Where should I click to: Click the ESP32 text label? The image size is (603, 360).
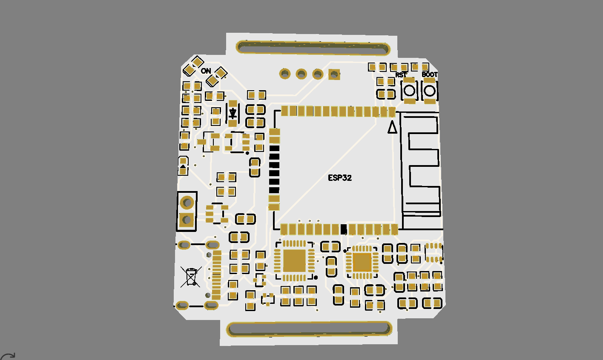pyautogui.click(x=340, y=178)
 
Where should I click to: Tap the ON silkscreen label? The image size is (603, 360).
pyautogui.click(x=206, y=71)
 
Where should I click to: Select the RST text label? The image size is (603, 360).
pyautogui.click(x=401, y=75)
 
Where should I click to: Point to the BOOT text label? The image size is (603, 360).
pyautogui.click(x=430, y=74)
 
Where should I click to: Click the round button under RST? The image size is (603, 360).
pyautogui.click(x=410, y=90)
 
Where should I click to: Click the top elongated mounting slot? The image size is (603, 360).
pyautogui.click(x=313, y=48)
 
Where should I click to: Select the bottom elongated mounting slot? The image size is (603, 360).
pyautogui.click(x=309, y=329)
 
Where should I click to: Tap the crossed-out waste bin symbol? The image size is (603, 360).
pyautogui.click(x=191, y=277)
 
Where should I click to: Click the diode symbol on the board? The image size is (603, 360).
pyautogui.click(x=233, y=113)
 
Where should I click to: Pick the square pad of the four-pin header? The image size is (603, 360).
pyautogui.click(x=335, y=74)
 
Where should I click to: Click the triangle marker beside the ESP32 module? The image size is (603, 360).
pyautogui.click(x=392, y=127)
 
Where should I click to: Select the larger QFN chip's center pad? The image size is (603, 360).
pyautogui.click(x=295, y=260)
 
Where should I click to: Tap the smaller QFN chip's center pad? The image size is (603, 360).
pyautogui.click(x=362, y=262)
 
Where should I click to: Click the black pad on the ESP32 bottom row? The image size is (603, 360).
pyautogui.click(x=344, y=229)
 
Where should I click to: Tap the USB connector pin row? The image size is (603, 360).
pyautogui.click(x=217, y=274)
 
